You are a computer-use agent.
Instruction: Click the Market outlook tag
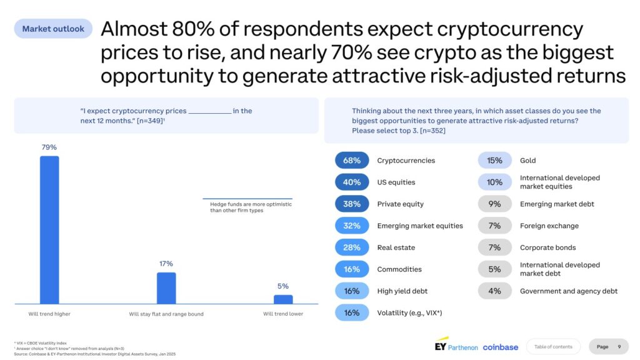[x=53, y=29]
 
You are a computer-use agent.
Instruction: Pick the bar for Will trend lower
[x=283, y=299]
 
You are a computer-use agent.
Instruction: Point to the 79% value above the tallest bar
[x=49, y=147]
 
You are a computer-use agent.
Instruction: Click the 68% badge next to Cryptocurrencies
[x=352, y=161]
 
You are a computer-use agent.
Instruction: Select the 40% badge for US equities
[x=352, y=182]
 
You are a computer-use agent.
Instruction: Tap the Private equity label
[x=400, y=204]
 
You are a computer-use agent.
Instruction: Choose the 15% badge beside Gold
[x=494, y=161]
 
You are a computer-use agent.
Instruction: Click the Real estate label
[x=396, y=247]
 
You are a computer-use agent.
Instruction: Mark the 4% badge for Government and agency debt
[x=494, y=291]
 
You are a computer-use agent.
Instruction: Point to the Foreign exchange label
[x=549, y=226]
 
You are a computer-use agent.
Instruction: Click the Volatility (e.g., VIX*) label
[x=409, y=313]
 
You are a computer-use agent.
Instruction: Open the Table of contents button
[x=553, y=347]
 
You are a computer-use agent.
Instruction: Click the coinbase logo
[x=500, y=347]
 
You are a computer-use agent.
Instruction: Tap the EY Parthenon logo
[x=456, y=346]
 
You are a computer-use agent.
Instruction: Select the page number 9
[x=619, y=347]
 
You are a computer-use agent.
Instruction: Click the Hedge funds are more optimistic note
[x=251, y=207]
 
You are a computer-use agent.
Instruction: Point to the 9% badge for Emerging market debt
[x=494, y=204]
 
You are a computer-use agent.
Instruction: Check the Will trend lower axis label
[x=283, y=314]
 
